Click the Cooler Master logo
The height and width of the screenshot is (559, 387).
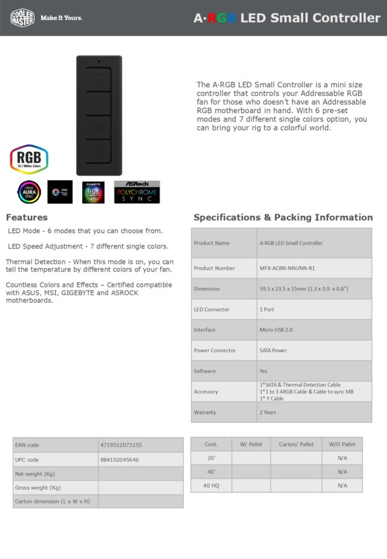22,18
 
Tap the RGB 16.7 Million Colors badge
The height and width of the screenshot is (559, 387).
28,159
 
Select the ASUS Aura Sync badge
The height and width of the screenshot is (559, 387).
29,192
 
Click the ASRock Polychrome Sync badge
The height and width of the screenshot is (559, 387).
137,192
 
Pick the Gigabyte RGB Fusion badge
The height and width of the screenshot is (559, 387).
94,192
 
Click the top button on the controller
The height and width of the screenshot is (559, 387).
98,78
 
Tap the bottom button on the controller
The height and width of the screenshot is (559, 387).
98,151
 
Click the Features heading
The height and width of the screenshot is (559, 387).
27,217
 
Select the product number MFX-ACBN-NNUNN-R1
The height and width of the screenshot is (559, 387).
290,268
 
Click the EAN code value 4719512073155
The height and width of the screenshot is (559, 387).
121,445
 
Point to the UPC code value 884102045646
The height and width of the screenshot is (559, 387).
119,460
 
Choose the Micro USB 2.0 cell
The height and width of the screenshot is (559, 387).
276,330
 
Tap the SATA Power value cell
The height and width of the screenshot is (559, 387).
273,350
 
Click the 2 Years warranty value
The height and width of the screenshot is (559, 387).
268,412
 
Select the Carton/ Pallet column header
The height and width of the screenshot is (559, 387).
296,445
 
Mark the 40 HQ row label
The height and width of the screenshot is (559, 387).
211,486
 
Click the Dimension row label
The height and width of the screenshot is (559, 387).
207,289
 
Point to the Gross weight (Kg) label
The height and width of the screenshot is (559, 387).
38,488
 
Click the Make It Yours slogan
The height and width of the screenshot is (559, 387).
61,18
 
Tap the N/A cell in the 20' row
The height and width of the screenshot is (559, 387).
342,458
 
